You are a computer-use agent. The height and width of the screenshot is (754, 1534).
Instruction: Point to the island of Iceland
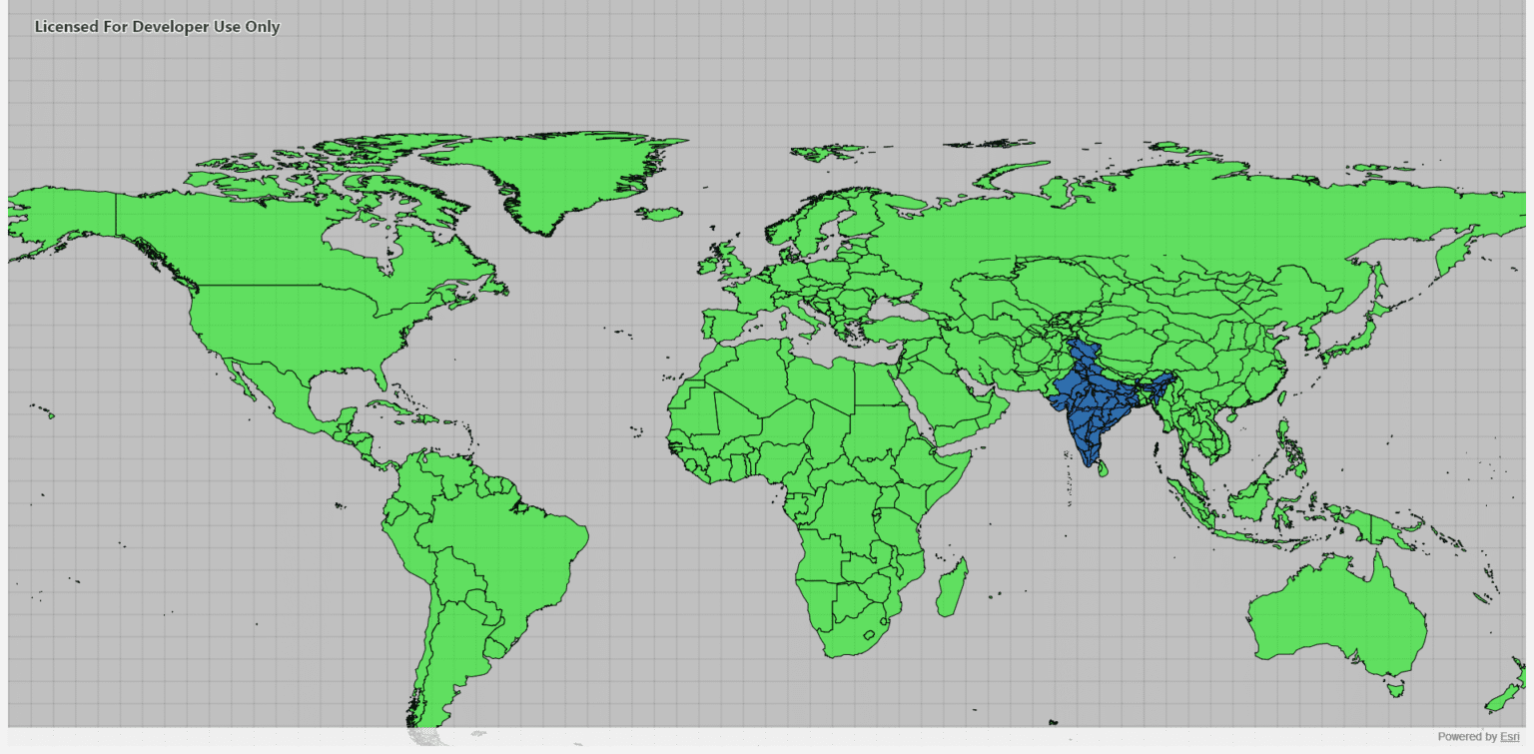[659, 213]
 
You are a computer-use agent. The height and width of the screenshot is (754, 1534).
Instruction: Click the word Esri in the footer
[1510, 737]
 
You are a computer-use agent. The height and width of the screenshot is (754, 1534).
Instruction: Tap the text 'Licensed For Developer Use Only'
[157, 27]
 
